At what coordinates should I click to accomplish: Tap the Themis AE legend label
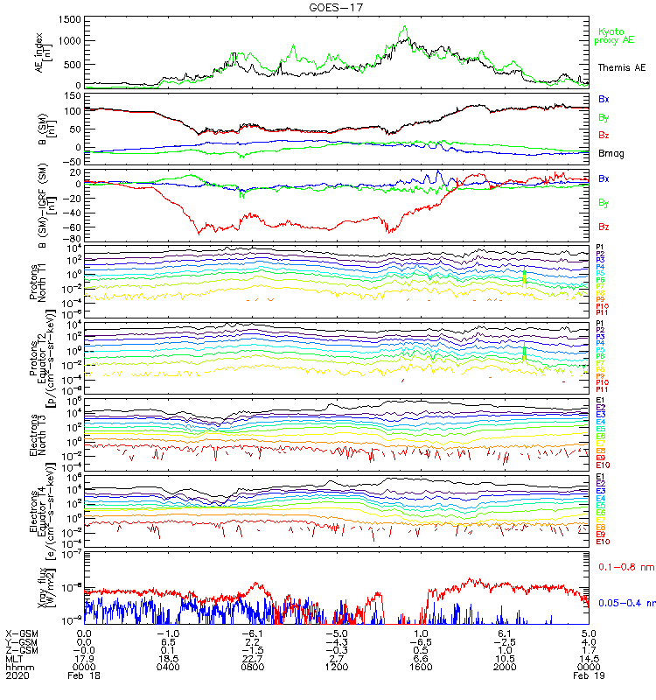(621, 67)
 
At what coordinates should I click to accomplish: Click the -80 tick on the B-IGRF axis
(73, 239)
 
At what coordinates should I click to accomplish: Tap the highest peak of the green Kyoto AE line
(404, 27)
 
